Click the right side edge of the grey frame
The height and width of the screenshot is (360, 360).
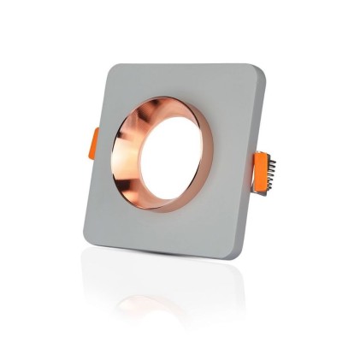(259, 171)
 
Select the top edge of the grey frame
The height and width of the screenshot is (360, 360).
(184, 68)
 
